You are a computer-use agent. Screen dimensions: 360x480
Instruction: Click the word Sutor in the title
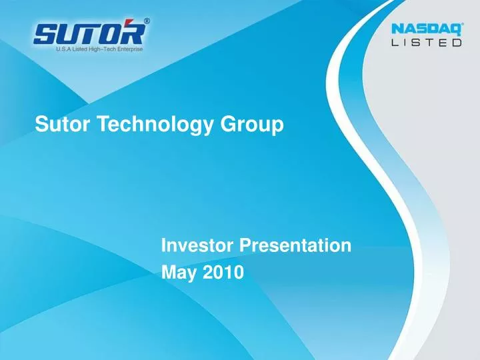tap(57, 124)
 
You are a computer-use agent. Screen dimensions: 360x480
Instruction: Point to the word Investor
tap(197, 246)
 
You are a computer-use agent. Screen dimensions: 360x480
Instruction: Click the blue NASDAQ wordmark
tap(425, 30)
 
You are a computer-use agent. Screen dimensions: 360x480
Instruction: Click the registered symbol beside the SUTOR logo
tap(147, 21)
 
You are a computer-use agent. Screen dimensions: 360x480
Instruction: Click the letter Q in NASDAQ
tap(453, 30)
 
